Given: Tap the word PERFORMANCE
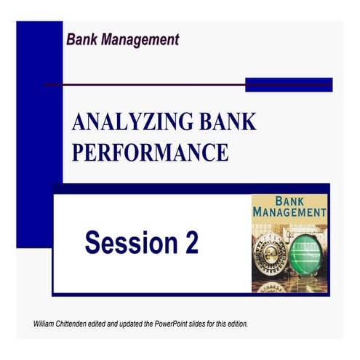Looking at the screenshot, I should (150, 153).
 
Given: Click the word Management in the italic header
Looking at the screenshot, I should (138, 39).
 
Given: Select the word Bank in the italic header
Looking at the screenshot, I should (81, 39).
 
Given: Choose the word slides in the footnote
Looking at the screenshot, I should (202, 323).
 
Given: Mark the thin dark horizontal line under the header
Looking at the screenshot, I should (145, 85).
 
